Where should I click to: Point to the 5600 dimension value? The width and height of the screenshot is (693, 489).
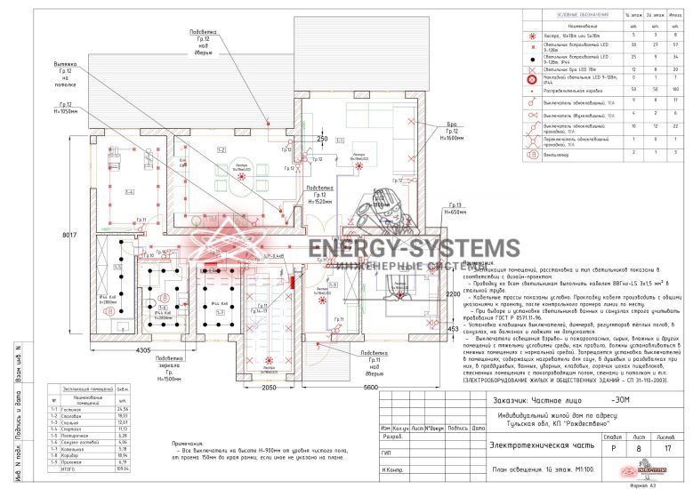(x=371, y=388)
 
